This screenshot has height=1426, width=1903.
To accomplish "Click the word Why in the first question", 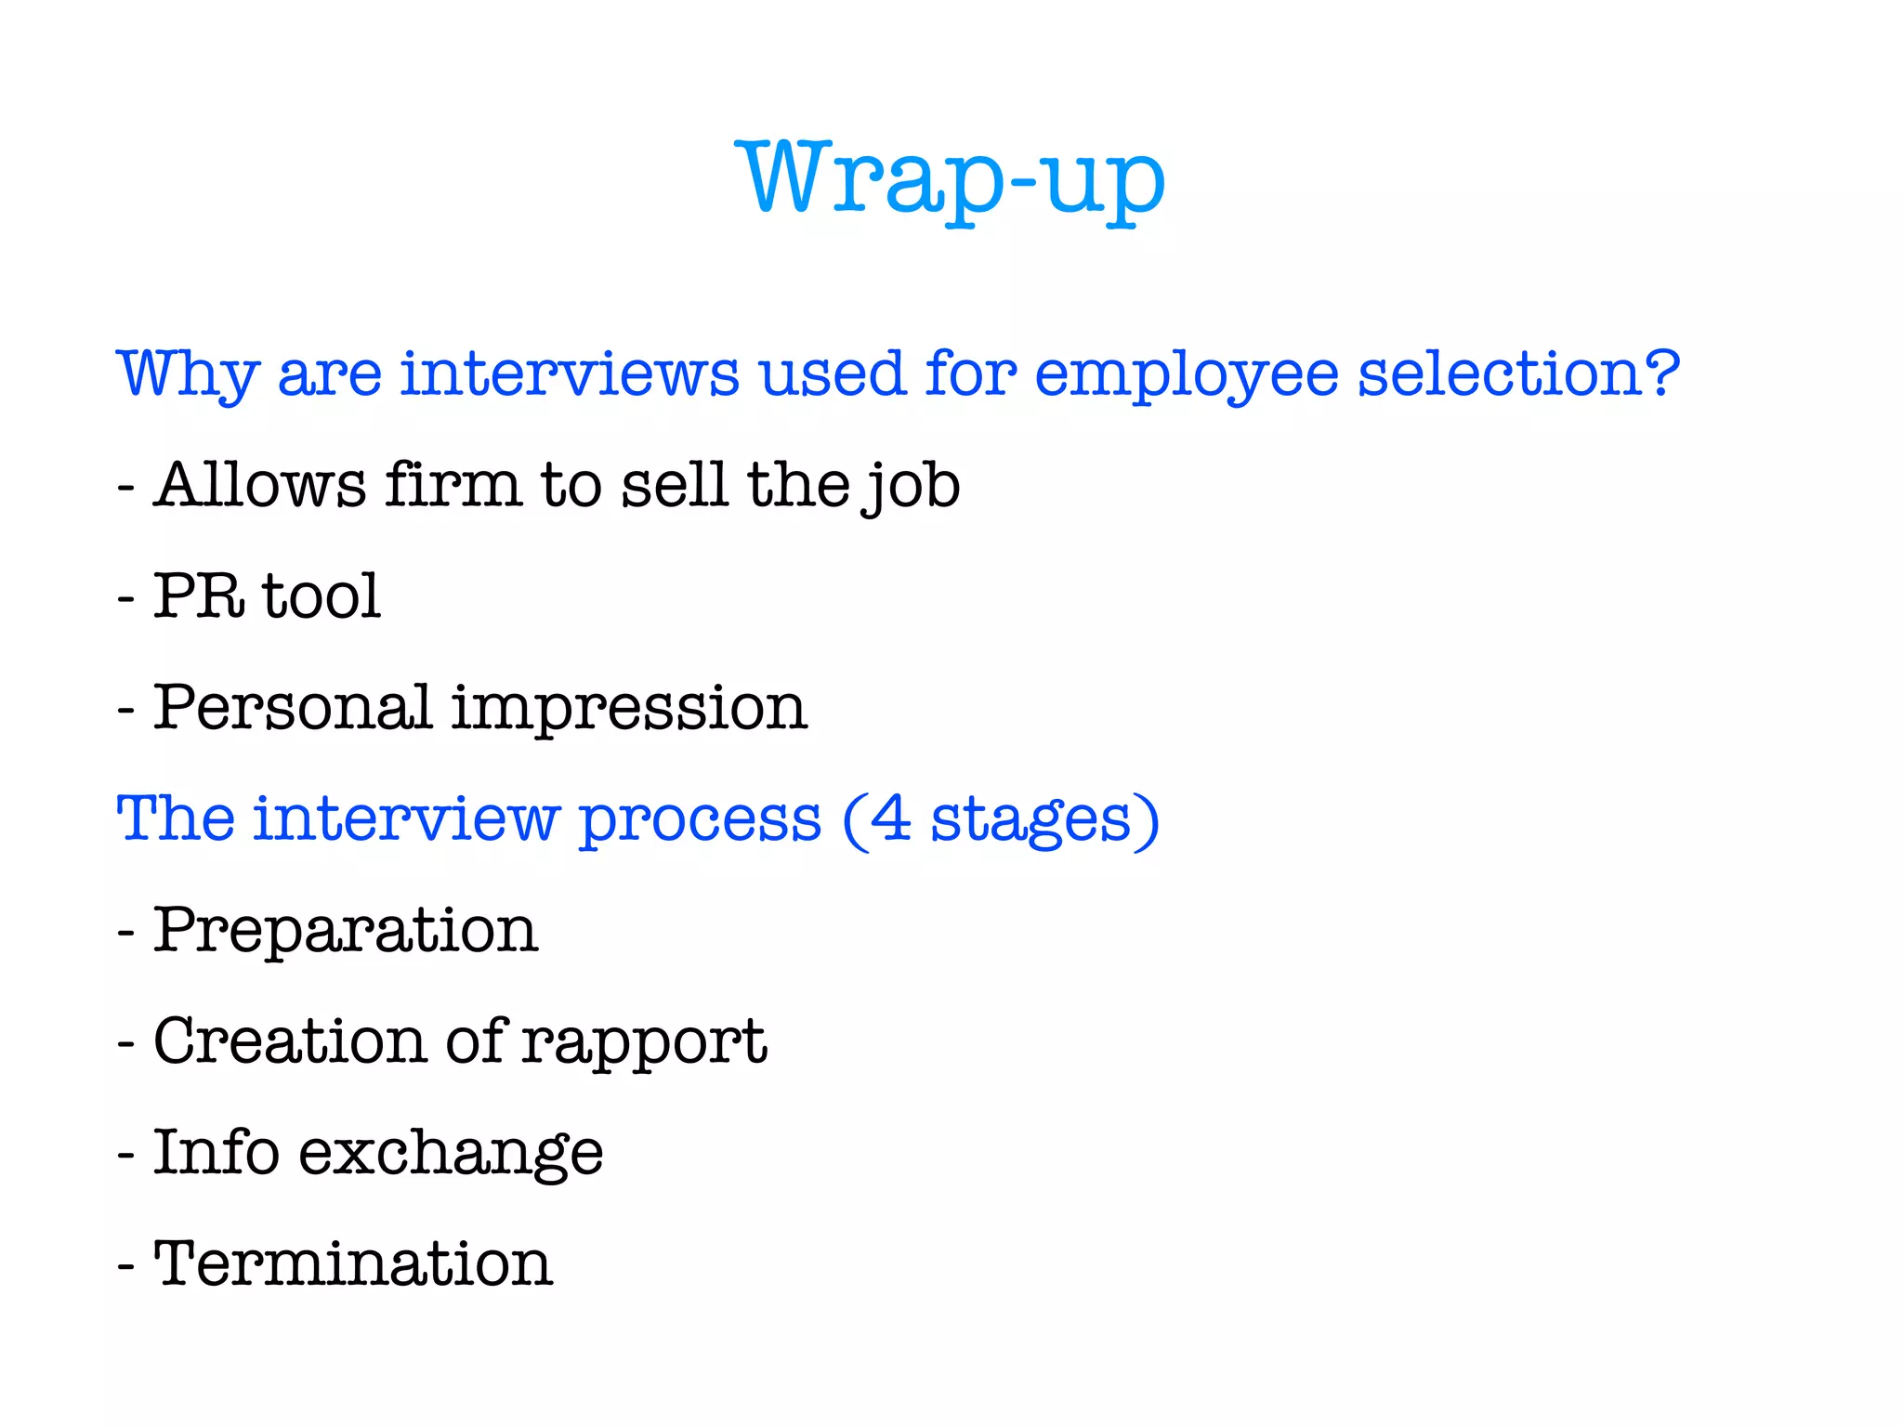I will coord(187,374).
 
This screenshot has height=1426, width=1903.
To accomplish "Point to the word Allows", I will coord(260,485).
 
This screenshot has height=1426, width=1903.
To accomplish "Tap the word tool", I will coord(322,595).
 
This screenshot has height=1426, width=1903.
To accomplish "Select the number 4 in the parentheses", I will coord(890,818).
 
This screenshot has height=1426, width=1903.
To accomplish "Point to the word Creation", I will coord(289,1040).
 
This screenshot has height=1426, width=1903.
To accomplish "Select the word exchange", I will coord(451,1153).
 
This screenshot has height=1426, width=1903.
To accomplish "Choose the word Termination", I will coord(353,1263).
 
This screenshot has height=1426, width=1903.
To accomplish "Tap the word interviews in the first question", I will coord(570,374).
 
